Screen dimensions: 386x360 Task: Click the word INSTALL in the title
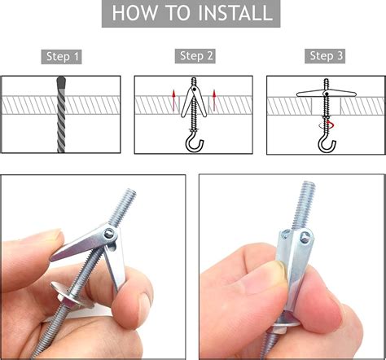(x=235, y=13)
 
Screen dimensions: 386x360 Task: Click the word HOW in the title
(x=135, y=13)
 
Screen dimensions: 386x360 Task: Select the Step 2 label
(x=196, y=55)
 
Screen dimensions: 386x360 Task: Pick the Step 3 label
(x=327, y=55)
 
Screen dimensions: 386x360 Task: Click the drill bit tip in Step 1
(x=61, y=80)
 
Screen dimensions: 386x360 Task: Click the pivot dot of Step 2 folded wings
(x=194, y=89)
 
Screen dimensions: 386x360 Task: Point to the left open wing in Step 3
(x=310, y=94)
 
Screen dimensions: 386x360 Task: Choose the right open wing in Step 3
(x=343, y=94)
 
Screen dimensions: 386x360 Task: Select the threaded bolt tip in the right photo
(x=309, y=186)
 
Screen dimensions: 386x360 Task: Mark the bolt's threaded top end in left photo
(x=130, y=193)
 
